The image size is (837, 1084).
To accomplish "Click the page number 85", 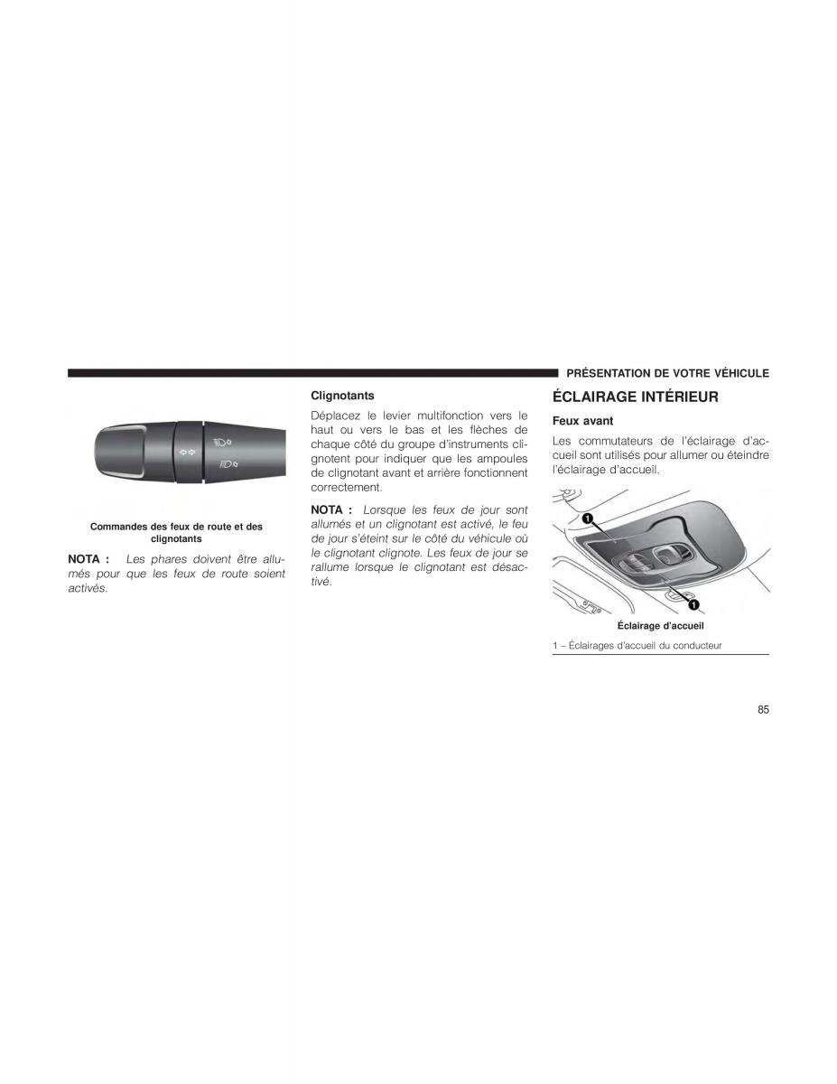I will [763, 710].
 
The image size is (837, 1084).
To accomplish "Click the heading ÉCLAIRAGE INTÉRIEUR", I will [635, 397].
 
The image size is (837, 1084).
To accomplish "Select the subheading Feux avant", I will [582, 421].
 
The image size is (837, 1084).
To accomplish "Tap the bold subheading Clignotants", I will [342, 396].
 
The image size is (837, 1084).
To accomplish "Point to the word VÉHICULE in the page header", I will [738, 373].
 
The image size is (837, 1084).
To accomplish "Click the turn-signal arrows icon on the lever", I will [187, 450].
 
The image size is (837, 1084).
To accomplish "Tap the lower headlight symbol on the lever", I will [225, 464].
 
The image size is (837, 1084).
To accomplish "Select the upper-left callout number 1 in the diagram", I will [586, 519].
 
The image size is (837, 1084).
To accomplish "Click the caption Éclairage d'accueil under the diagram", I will [660, 625].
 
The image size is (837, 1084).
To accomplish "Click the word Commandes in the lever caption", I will [118, 527].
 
